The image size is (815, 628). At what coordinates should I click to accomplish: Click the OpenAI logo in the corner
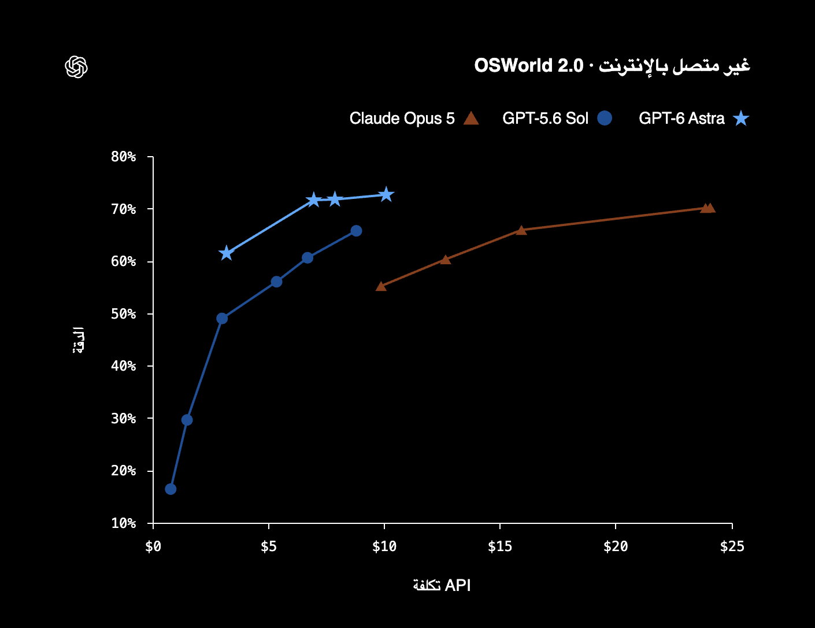(x=76, y=67)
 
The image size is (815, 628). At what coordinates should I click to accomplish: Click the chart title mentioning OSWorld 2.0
(x=612, y=66)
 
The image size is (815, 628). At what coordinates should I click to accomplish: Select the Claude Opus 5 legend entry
(x=414, y=118)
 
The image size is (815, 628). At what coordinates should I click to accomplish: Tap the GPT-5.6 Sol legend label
(x=545, y=118)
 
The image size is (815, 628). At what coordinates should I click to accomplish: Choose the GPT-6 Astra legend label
(x=681, y=118)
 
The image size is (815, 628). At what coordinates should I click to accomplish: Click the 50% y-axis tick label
(x=123, y=313)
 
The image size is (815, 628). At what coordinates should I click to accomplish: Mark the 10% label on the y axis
(x=123, y=523)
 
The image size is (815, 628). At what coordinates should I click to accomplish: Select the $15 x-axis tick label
(x=499, y=546)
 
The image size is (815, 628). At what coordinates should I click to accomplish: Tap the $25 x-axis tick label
(x=732, y=546)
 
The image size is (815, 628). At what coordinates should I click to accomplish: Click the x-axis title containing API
(x=442, y=585)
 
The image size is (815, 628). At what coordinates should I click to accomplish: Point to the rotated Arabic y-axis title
(x=78, y=340)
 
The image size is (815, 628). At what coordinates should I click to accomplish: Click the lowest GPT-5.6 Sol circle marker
(x=171, y=489)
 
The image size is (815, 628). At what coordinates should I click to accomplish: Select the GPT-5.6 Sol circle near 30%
(x=187, y=420)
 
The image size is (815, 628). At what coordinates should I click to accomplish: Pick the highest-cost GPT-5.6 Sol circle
(x=356, y=231)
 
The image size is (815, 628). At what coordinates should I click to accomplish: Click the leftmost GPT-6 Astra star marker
(x=226, y=254)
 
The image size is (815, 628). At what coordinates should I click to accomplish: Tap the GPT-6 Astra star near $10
(x=386, y=195)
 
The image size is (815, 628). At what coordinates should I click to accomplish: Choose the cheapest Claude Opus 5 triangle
(x=381, y=287)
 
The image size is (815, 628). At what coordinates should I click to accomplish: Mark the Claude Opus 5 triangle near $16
(x=521, y=230)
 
